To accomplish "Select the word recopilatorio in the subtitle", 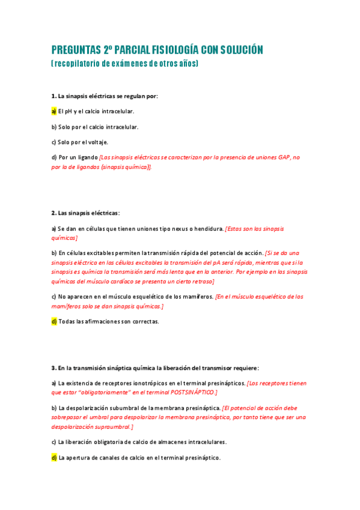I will click(x=78, y=63).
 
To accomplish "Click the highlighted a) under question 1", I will click(x=53, y=111).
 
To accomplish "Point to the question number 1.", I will click(x=53, y=96).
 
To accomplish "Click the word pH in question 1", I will click(x=70, y=111).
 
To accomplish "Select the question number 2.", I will click(x=53, y=213).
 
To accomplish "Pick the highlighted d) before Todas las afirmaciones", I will click(x=53, y=321).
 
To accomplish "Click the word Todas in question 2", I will click(x=67, y=321).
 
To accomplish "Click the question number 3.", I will click(x=53, y=367).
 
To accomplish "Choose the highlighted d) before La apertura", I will click(x=53, y=457).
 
